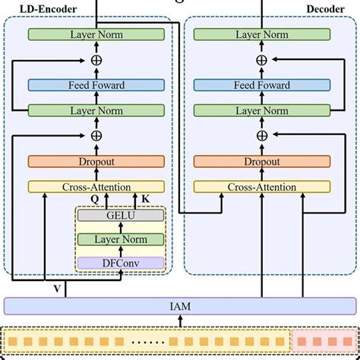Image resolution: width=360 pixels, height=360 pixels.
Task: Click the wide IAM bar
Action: pos(179,306)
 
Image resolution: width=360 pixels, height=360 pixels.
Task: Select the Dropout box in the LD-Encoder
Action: pos(96,161)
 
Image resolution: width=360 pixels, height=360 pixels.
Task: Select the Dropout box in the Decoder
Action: pos(262,161)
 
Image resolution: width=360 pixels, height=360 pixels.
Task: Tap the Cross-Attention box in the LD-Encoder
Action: pos(96,187)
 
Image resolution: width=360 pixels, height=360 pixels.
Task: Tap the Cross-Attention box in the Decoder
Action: pos(262,187)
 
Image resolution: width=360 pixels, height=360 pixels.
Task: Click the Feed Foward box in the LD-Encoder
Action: pos(96,86)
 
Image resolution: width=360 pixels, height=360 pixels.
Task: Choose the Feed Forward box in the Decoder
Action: pos(262,86)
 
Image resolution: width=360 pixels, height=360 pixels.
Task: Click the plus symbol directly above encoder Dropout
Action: pos(96,135)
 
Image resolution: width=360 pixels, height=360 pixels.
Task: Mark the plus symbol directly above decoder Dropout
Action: pos(262,135)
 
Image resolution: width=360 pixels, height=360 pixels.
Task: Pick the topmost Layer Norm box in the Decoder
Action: pos(262,35)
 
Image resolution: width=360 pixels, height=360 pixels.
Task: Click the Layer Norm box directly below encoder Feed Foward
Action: pos(96,111)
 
